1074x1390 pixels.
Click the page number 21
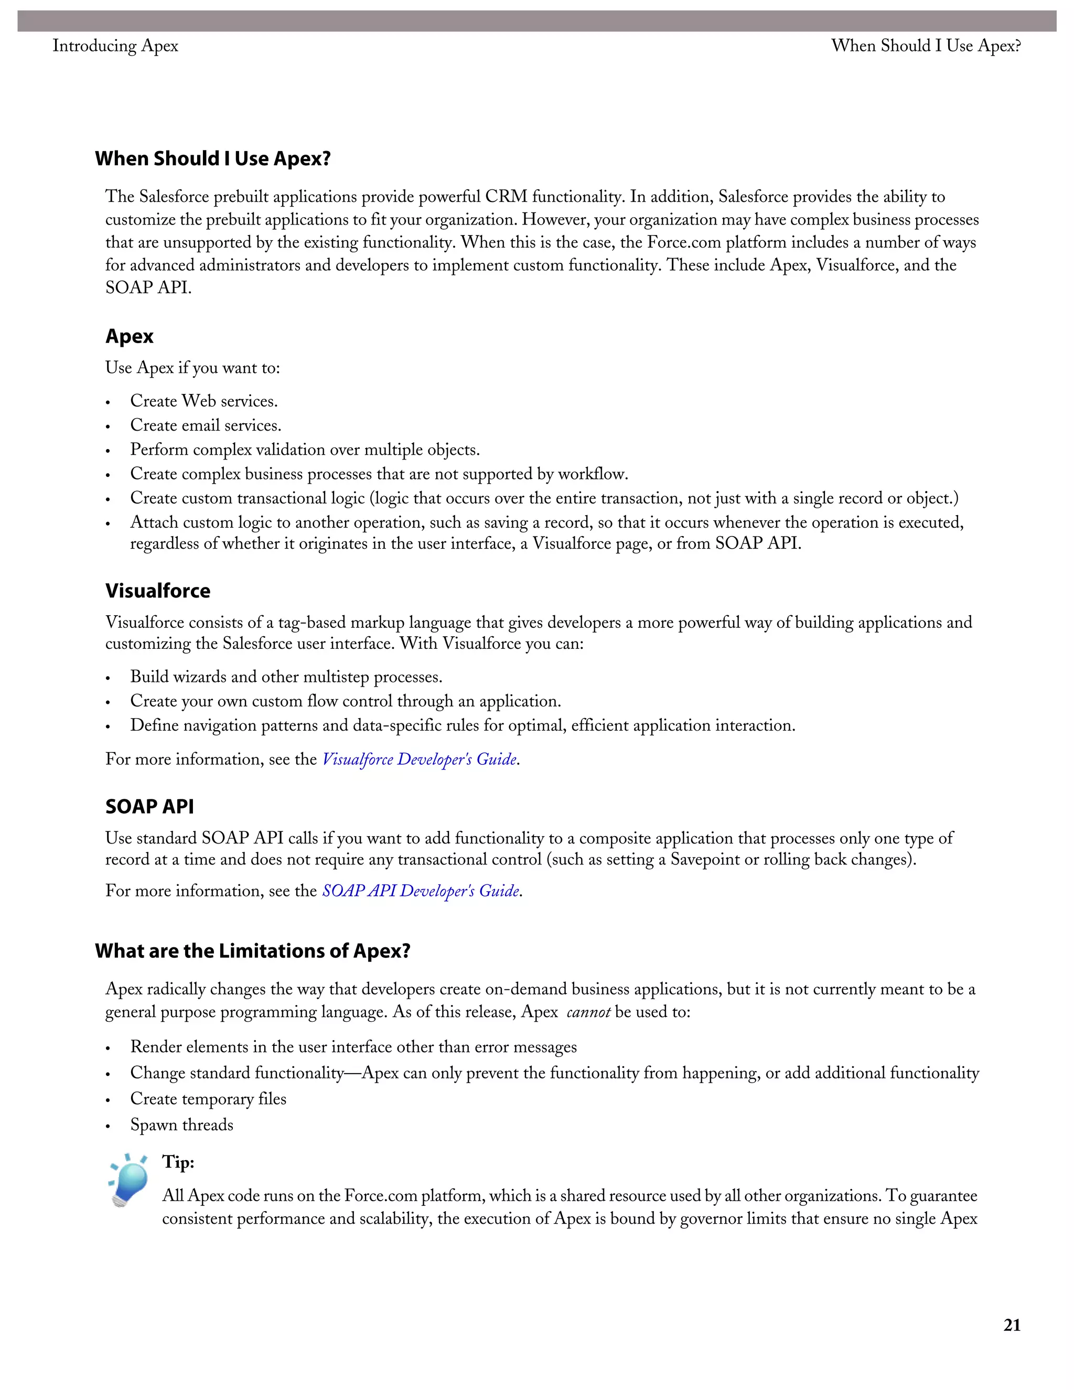1012,1325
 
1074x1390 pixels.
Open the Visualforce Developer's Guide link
420,760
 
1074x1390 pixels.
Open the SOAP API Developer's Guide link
421,891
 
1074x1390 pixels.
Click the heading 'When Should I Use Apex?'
213,158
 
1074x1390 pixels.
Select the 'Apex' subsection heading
130,336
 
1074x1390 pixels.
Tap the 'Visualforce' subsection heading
158,591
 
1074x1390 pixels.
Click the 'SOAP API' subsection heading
149,806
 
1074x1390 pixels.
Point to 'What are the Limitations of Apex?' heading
253,951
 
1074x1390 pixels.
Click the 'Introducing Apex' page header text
115,46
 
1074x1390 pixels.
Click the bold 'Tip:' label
178,1162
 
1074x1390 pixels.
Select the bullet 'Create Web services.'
203,401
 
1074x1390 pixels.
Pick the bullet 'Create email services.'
206,425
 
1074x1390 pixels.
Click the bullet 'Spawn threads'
181,1125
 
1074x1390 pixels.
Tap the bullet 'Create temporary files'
208,1098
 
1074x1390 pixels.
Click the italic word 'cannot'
588,1012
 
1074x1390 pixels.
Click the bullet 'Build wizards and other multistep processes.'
286,677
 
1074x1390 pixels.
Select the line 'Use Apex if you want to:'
192,368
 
